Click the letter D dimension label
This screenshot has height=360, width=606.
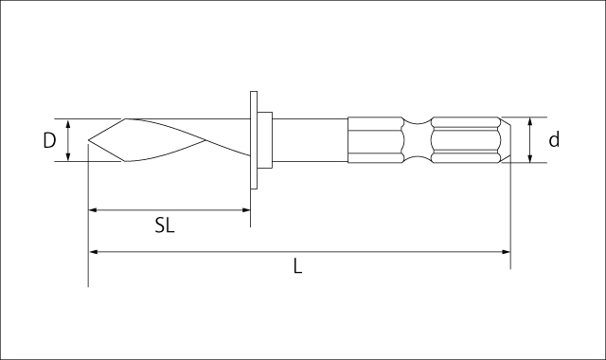[x=49, y=140]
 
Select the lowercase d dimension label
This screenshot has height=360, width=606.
[x=554, y=139]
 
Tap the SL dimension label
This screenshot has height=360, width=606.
[x=165, y=225]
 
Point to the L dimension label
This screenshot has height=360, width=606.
[x=297, y=266]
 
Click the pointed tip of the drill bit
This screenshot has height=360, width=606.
[x=88, y=139]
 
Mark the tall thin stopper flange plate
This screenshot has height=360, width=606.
[x=254, y=140]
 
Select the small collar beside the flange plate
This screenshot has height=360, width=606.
[x=265, y=140]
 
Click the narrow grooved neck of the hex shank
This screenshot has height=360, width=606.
[x=417, y=140]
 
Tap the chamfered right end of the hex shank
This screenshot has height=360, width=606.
[x=506, y=140]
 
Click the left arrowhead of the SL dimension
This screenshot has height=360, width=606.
[x=93, y=210]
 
